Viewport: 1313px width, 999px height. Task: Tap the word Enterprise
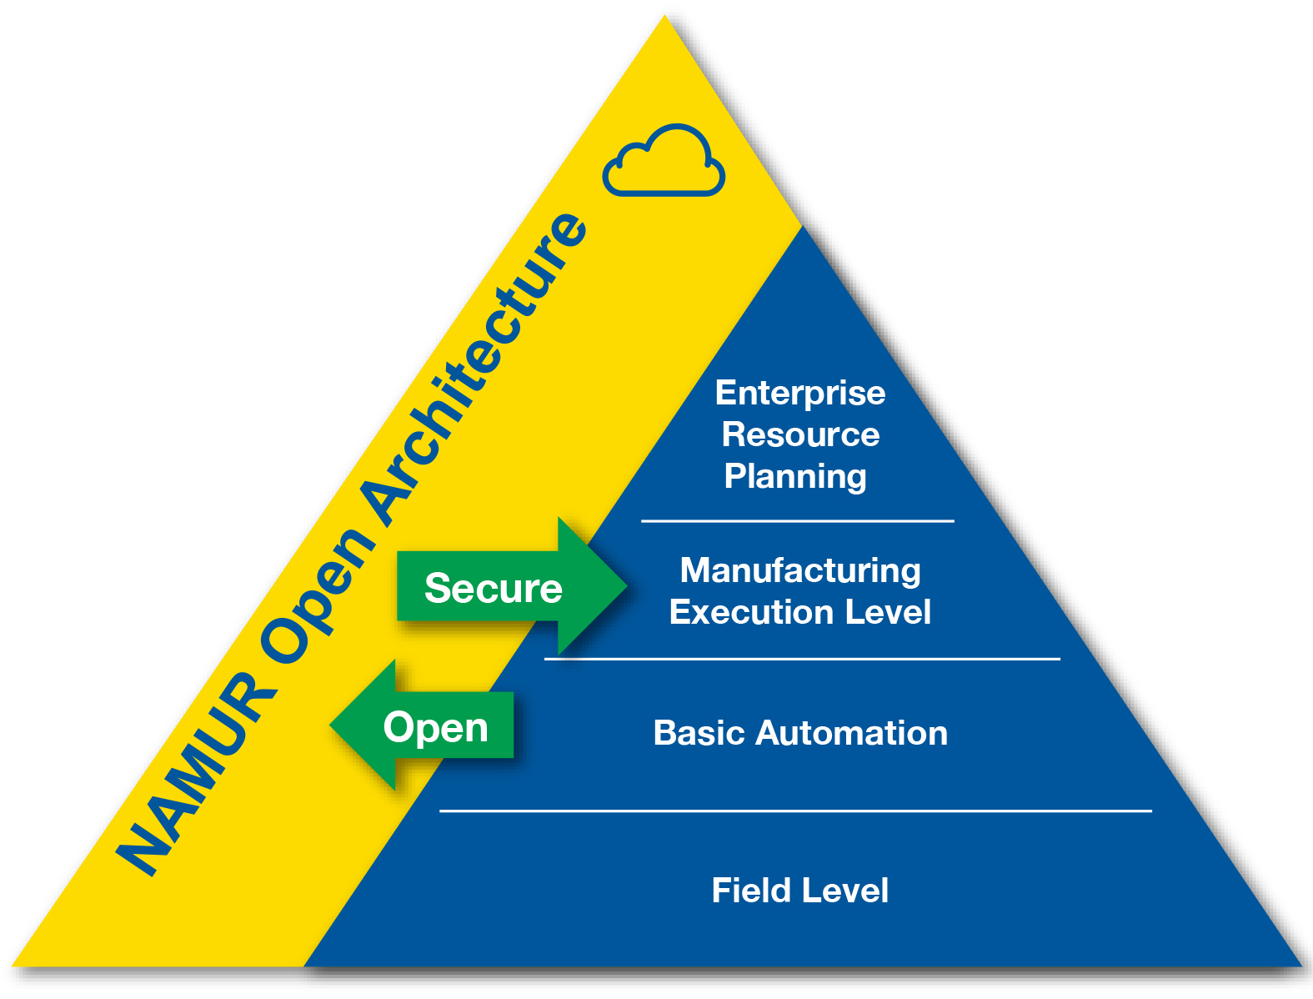click(800, 393)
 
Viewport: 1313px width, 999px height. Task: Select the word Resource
click(800, 434)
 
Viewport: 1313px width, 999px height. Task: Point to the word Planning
click(795, 476)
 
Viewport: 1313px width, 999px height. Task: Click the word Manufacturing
click(800, 570)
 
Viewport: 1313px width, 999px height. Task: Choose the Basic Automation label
click(800, 733)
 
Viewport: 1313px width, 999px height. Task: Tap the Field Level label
click(800, 891)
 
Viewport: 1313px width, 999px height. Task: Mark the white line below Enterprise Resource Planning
click(797, 521)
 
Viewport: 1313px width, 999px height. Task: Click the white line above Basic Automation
click(802, 659)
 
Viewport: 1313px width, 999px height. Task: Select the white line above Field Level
click(795, 810)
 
